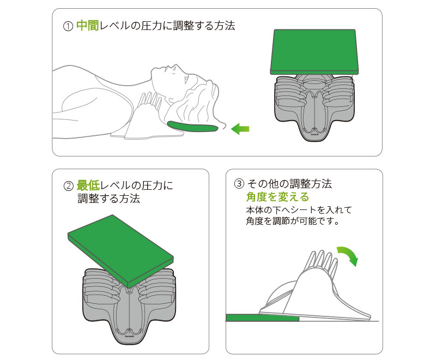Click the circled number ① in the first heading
[x=68, y=26]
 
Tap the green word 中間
[x=87, y=25]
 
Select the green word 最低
[x=88, y=185]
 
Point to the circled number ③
[x=239, y=184]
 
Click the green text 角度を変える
[x=277, y=197]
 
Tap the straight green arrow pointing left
[x=240, y=129]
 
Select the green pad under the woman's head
[x=192, y=127]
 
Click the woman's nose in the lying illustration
[x=175, y=67]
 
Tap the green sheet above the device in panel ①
[x=314, y=52]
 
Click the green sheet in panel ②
[x=120, y=251]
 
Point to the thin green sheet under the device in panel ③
[x=262, y=318]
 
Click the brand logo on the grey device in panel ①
[x=314, y=134]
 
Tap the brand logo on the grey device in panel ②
[x=129, y=336]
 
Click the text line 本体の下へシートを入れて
[x=299, y=209]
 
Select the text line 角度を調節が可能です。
[x=293, y=221]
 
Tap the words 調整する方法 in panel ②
[x=108, y=199]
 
